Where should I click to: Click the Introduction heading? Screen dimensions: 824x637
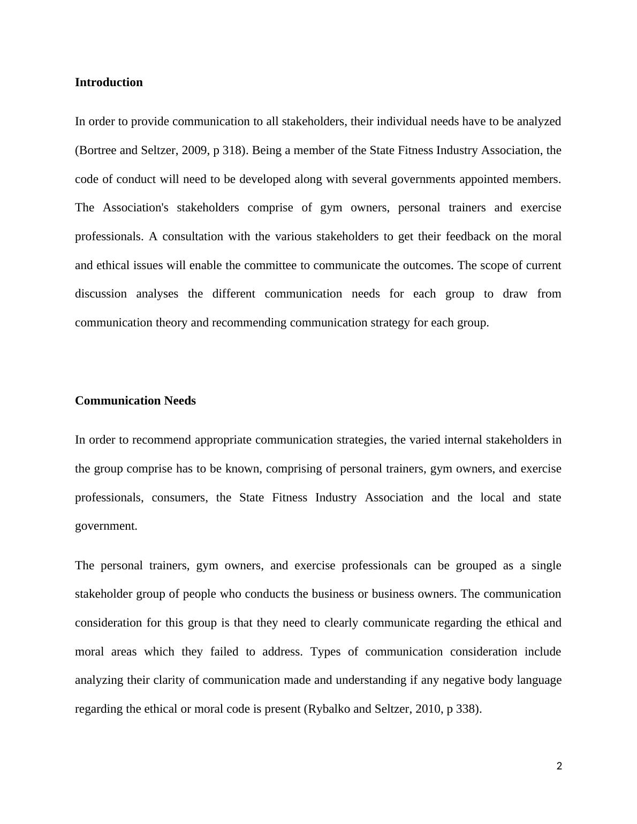109,82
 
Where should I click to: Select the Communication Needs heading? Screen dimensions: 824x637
135,401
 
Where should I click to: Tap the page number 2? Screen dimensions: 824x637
559,766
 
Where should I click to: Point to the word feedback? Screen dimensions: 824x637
468,236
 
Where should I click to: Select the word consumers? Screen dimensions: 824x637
179,498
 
